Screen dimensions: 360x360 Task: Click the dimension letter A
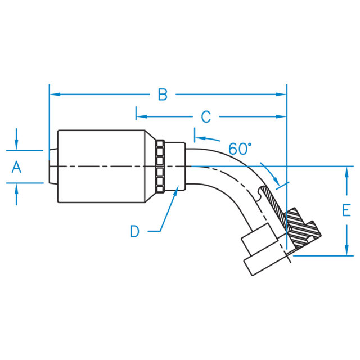point(16,166)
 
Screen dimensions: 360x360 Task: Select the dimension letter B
point(163,94)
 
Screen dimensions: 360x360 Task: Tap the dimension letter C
point(206,117)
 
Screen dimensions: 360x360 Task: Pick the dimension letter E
point(346,210)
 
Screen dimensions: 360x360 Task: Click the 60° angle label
point(240,149)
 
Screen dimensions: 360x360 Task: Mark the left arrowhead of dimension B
point(55,94)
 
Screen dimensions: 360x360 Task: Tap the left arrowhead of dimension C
point(141,117)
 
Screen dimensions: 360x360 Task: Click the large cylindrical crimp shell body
point(101,166)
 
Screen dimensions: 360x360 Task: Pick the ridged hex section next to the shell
point(160,166)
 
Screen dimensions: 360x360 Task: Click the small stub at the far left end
point(53,166)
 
